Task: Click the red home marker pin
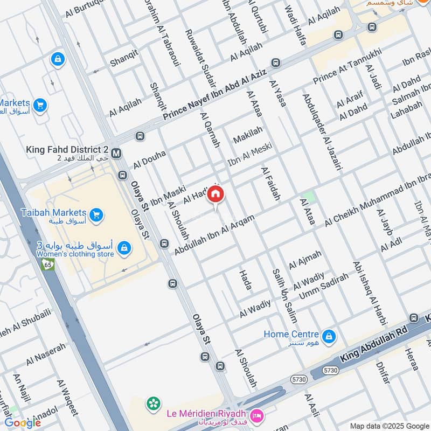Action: click(x=215, y=194)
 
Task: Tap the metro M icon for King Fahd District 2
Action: click(x=117, y=152)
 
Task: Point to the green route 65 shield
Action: click(x=48, y=265)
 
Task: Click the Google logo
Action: click(x=23, y=423)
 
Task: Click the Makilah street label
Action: click(x=248, y=135)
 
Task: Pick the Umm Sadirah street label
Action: click(x=323, y=286)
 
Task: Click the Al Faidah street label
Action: click(x=270, y=184)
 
